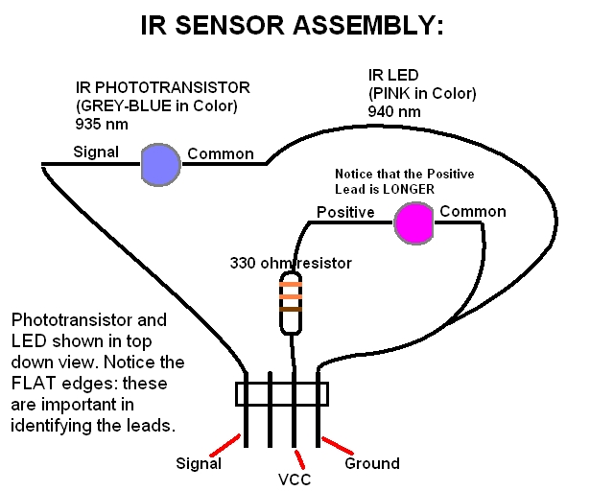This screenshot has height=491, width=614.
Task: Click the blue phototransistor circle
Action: coord(160,165)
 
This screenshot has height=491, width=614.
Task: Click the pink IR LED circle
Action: coord(413,223)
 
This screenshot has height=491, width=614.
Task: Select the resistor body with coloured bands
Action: coord(291,303)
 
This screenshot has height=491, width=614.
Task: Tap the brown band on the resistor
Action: coord(291,310)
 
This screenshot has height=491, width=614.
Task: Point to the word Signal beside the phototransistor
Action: coord(96,152)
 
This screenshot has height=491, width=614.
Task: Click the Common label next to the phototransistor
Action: coord(221,153)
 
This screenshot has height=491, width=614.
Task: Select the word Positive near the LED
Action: coord(345,212)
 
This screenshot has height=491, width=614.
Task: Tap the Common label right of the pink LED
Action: coord(473,211)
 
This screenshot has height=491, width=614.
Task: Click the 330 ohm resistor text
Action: coord(291,263)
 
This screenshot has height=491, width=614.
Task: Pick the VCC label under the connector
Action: coord(295,479)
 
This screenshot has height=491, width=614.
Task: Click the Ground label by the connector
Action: coord(372,463)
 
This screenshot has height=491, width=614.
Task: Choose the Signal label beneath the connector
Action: coord(199,463)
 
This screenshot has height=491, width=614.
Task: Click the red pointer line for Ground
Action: coord(337,446)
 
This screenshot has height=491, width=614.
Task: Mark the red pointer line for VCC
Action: coord(300,459)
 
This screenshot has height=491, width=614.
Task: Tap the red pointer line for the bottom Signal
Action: coord(225,445)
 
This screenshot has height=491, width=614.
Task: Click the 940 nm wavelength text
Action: coord(394,111)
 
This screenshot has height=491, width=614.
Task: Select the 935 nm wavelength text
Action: coord(102,124)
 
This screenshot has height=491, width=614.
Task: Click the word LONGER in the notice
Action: coord(409,189)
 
